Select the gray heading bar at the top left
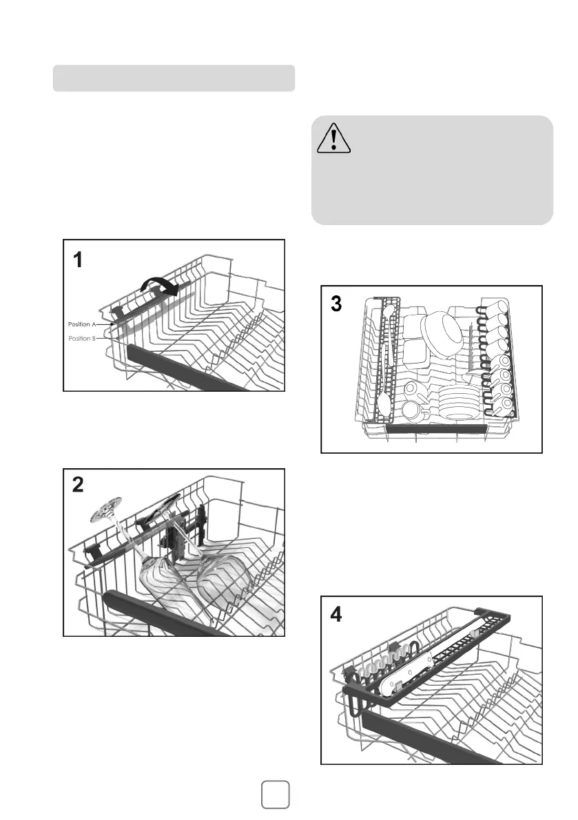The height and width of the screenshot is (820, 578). pos(174,78)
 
